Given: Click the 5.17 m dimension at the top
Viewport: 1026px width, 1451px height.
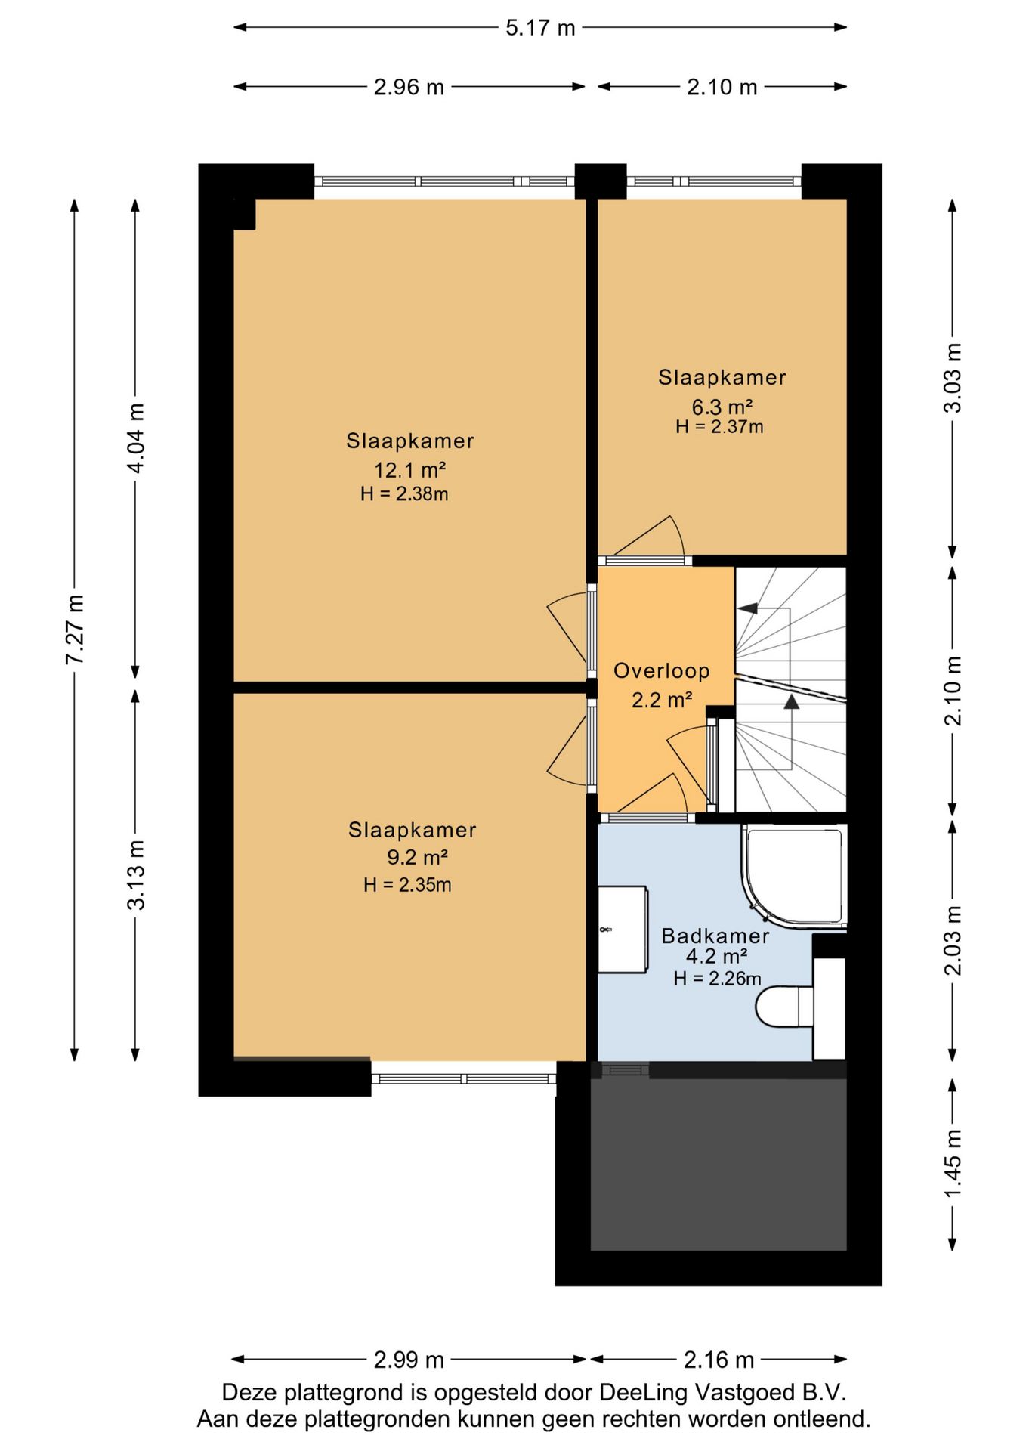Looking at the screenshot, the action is point(540,28).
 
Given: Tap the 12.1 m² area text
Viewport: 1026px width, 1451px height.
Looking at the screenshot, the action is point(409,470).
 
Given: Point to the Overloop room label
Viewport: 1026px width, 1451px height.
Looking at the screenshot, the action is point(662,671).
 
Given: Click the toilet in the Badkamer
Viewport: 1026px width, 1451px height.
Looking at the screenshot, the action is point(785,1007).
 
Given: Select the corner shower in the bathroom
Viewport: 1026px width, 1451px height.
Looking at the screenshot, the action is point(794,877).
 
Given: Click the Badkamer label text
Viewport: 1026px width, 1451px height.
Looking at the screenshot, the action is point(715,936).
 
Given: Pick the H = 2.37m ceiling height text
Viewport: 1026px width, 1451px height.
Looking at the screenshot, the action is point(719,427).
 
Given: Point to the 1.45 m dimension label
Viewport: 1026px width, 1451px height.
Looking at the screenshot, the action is point(953,1164).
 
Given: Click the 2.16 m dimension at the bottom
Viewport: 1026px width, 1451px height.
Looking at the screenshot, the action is point(719,1360).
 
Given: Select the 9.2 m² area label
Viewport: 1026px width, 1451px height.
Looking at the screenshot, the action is point(417,858).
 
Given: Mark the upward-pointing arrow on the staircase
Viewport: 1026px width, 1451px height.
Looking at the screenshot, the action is point(791,701).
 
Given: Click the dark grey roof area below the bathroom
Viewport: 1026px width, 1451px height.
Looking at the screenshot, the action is point(718,1165).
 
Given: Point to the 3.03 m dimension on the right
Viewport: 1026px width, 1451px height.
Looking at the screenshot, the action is point(953,378).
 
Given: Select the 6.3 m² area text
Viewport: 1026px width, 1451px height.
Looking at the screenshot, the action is point(722,407).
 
